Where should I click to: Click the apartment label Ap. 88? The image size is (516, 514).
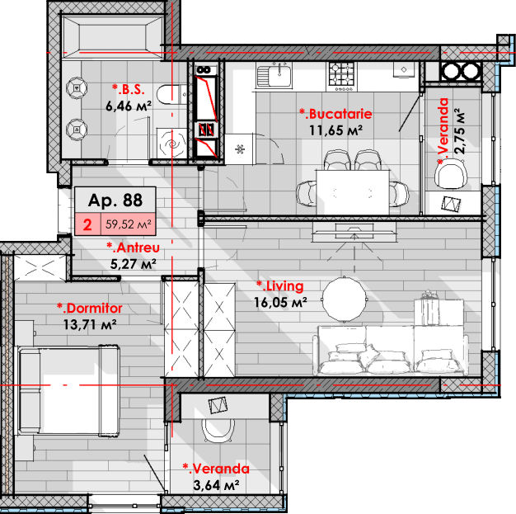pos(115,200)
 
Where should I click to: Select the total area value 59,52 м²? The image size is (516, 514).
pos(129,224)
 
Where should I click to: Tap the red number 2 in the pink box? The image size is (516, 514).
pos(87,224)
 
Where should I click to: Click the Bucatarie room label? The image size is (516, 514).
pos(335,114)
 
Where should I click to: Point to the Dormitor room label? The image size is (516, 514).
pos(90,309)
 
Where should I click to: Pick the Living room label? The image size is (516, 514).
pos(280,286)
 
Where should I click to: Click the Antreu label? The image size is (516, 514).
pos(134,248)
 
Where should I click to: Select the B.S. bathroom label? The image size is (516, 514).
pos(129,89)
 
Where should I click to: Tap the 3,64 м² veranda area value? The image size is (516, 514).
pos(216,485)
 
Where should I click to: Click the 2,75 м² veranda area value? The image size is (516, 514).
pos(460,131)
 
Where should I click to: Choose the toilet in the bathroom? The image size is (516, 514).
pos(171,95)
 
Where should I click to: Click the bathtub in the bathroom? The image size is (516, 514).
pos(112,37)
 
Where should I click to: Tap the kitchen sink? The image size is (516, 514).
pos(274,75)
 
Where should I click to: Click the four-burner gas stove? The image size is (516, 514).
pos(341,77)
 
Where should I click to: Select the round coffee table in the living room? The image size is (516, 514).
pos(345,299)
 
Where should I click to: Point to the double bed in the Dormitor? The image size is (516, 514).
pos(69,389)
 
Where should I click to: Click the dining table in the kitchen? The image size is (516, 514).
pos(353,192)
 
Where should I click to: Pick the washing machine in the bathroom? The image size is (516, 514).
pos(172,144)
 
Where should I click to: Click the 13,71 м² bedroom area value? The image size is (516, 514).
pos(90,325)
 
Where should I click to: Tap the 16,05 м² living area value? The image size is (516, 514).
pos(280,303)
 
